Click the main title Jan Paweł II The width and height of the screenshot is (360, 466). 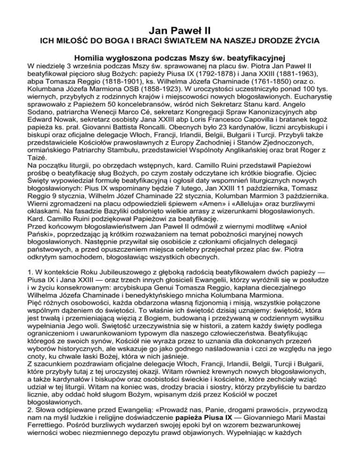[180, 19]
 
